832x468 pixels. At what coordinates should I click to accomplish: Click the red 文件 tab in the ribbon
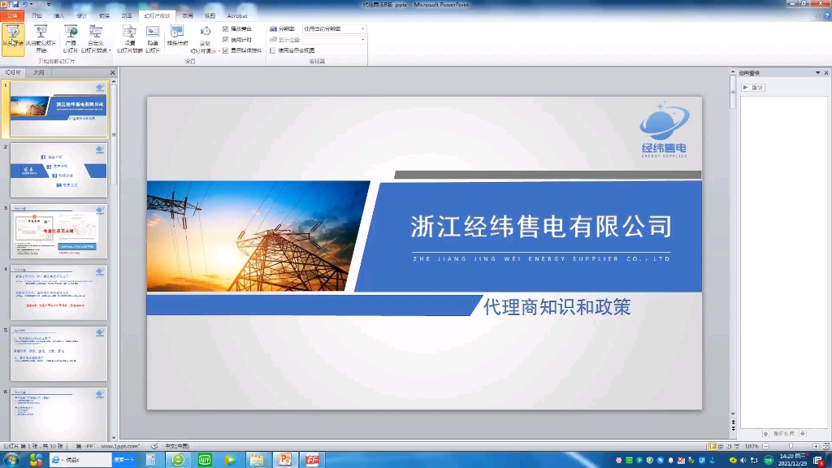12,15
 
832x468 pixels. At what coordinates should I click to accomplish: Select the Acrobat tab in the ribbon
237,15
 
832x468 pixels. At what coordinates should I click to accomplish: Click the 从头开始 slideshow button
12,38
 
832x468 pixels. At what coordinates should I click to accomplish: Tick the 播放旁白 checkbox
226,28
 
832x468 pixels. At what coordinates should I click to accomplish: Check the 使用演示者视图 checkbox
272,50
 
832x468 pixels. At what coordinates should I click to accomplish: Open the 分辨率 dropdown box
334,28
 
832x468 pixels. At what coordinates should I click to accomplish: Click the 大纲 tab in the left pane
39,72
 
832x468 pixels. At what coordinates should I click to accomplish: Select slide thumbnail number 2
58,170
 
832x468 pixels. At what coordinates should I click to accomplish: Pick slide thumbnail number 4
58,292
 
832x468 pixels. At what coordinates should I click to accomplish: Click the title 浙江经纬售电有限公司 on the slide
541,226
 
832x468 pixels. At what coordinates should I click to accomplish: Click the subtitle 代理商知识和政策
557,307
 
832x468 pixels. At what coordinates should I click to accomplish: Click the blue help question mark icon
826,15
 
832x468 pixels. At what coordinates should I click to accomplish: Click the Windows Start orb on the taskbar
12,460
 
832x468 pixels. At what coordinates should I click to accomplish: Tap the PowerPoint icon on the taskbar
285,460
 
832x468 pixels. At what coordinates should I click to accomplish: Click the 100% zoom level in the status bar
752,446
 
